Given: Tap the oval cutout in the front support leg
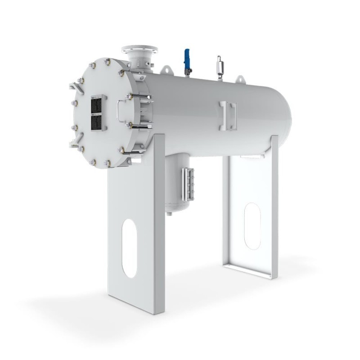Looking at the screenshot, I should [130, 248].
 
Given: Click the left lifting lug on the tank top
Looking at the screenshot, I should [166, 69].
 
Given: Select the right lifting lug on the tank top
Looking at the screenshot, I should [240, 79].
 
